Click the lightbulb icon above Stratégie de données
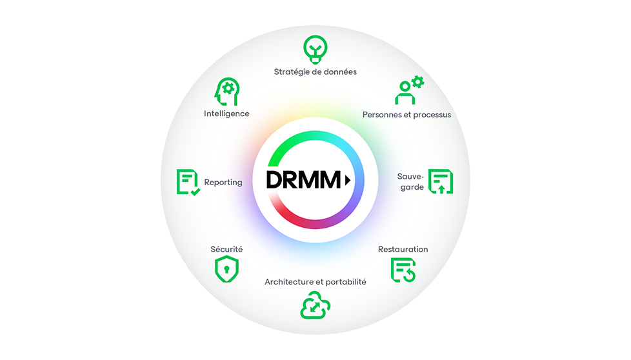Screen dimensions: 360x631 (x=315, y=49)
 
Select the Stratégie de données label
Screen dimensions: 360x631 (x=315, y=72)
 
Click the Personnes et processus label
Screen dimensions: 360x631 (x=406, y=115)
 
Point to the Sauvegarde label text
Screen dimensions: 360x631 (x=410, y=182)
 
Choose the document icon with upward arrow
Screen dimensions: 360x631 (x=441, y=181)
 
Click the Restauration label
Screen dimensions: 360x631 (x=403, y=249)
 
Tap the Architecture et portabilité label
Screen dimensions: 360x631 (x=315, y=282)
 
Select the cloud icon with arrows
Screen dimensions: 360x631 (x=315, y=305)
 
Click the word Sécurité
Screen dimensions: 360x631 (x=226, y=249)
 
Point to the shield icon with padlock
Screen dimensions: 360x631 (x=226, y=269)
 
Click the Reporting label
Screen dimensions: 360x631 (x=223, y=183)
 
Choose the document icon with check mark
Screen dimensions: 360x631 (x=188, y=182)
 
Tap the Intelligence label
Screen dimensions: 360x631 (x=226, y=114)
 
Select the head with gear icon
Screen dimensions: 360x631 (x=226, y=91)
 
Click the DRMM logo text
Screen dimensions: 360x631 (x=303, y=181)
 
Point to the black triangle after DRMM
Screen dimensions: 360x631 (x=348, y=181)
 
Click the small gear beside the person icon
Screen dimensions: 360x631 (x=417, y=82)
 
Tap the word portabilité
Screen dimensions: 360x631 (x=344, y=282)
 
